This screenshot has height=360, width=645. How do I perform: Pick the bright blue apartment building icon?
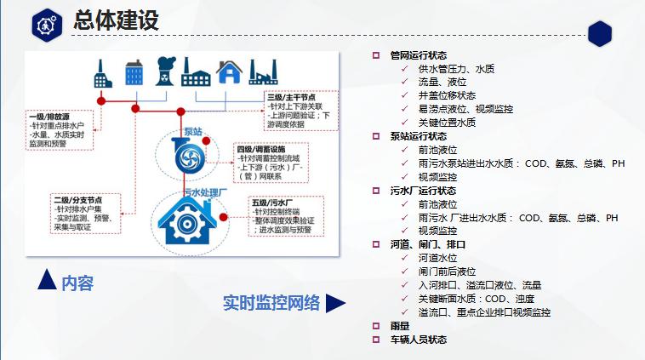pyautogui.click(x=133, y=71)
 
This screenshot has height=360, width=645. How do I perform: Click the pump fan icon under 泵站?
pyautogui.click(x=184, y=157)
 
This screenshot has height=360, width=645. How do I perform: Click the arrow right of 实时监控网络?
pyautogui.click(x=336, y=303)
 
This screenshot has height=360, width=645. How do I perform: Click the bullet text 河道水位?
pyautogui.click(x=438, y=258)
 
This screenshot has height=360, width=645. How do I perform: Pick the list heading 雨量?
pyautogui.click(x=399, y=326)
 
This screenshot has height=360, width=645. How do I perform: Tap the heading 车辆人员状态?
pyautogui.click(x=418, y=340)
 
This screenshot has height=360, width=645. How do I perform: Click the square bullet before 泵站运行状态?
pyautogui.click(x=375, y=136)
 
